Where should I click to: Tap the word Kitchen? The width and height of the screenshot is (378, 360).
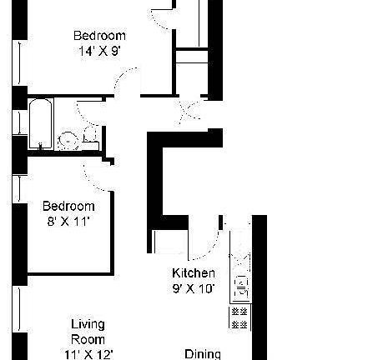(x=194, y=274)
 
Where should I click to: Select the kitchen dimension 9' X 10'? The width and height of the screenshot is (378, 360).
(x=194, y=289)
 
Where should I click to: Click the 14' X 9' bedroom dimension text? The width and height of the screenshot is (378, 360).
(x=99, y=50)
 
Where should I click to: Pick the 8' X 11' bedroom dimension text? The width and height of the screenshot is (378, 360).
(x=68, y=221)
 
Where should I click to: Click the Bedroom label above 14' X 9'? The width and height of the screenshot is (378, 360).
(x=99, y=35)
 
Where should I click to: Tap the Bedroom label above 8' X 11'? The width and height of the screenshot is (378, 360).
(x=68, y=206)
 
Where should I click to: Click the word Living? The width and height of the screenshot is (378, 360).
(x=87, y=324)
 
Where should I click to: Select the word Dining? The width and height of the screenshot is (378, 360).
(x=203, y=353)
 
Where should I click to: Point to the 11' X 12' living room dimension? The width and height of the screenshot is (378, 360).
(x=87, y=354)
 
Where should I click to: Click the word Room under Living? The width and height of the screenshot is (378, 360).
(x=87, y=339)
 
